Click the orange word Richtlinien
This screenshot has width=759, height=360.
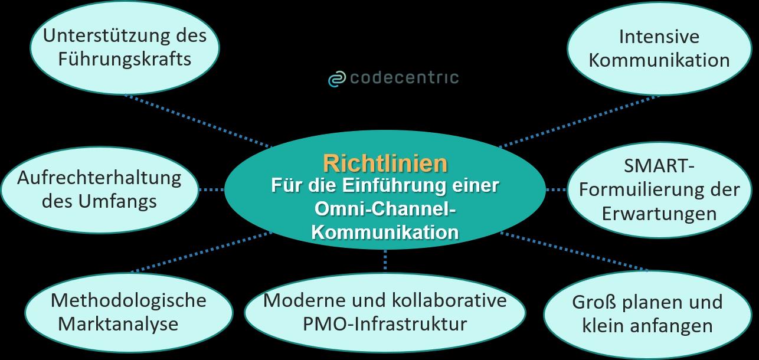385,162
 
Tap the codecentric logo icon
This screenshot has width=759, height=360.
336,78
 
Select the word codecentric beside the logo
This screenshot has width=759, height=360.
404,78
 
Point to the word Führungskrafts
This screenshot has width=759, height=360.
125,60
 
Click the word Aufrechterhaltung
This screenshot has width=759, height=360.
99,178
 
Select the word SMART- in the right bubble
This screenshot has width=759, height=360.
659,166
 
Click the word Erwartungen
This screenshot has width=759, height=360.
659,214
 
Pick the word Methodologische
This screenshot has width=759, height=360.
128,300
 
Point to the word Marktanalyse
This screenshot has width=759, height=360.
126,323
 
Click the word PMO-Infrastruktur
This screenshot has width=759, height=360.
384,323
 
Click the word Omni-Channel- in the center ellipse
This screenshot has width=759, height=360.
385,208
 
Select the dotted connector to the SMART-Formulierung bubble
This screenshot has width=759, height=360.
555,190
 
